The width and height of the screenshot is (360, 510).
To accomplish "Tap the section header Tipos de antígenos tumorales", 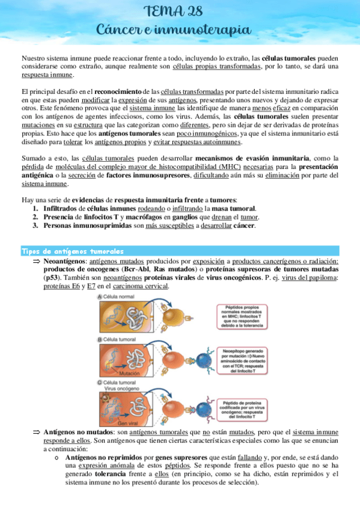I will pos(73,250).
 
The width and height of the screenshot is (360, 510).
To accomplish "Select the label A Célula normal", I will pos(119,296).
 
